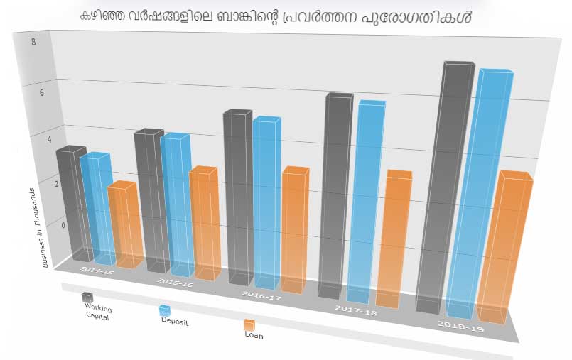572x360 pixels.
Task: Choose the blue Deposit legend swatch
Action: (164, 310)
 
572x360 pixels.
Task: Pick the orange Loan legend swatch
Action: (249, 324)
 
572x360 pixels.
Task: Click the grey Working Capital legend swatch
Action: (87, 297)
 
